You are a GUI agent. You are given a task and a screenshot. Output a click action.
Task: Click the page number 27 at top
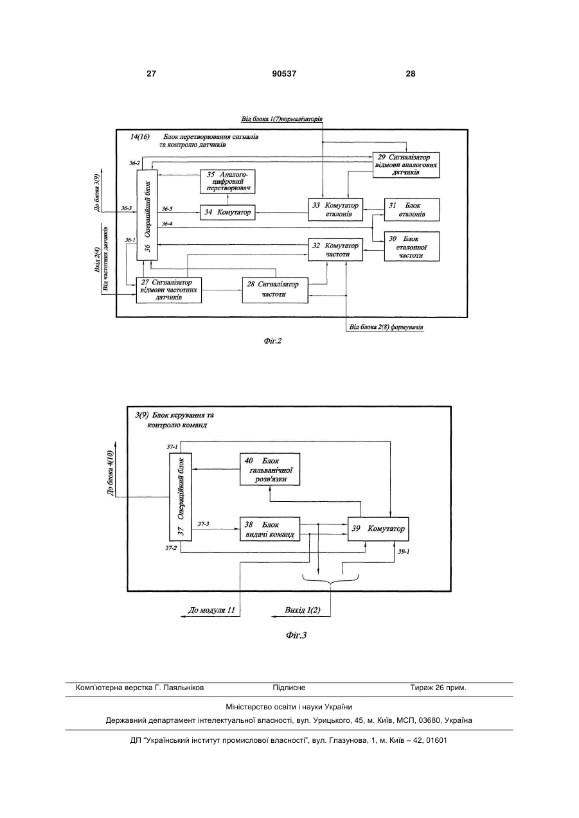click(x=151, y=74)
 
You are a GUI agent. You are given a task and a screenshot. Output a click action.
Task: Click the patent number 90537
click(x=284, y=74)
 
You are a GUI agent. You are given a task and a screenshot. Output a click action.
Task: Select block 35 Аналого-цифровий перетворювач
click(x=227, y=181)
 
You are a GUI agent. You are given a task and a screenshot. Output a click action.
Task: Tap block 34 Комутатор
click(x=227, y=212)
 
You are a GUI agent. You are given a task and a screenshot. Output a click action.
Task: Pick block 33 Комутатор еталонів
click(x=335, y=209)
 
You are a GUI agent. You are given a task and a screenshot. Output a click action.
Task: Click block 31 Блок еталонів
click(x=412, y=209)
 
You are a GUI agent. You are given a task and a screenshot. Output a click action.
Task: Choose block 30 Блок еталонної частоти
click(x=412, y=247)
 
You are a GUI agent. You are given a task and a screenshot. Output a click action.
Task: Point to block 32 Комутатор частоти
click(x=335, y=250)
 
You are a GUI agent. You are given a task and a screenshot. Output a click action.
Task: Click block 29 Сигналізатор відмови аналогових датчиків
click(x=406, y=165)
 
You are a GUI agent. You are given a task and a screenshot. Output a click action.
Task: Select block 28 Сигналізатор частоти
click(x=275, y=290)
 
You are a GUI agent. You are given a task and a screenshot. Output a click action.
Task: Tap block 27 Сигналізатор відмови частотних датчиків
click(x=169, y=290)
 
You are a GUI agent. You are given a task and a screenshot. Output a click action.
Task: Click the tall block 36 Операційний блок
click(x=147, y=215)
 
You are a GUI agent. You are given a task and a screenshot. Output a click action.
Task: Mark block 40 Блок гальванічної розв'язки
click(x=270, y=469)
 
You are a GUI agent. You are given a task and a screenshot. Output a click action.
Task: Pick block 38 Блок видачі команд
click(x=270, y=529)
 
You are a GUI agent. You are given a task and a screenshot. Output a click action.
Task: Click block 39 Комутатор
click(x=378, y=529)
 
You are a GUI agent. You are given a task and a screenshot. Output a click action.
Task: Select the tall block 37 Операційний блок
click(x=181, y=497)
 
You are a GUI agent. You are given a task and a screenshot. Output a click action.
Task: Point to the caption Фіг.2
click(x=272, y=341)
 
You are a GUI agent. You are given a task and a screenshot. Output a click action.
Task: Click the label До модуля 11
click(x=211, y=610)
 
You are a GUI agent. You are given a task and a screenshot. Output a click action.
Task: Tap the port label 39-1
click(x=404, y=551)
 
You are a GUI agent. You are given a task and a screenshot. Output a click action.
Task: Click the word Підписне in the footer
click(x=289, y=688)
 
